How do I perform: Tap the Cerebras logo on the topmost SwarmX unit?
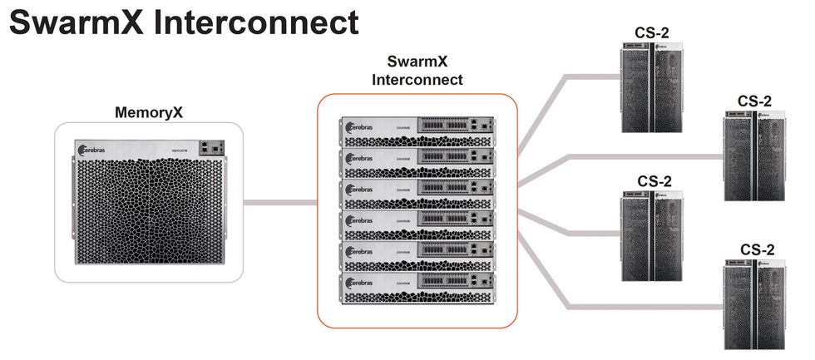coord(360,126)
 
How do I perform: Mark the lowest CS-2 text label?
coord(756,249)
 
